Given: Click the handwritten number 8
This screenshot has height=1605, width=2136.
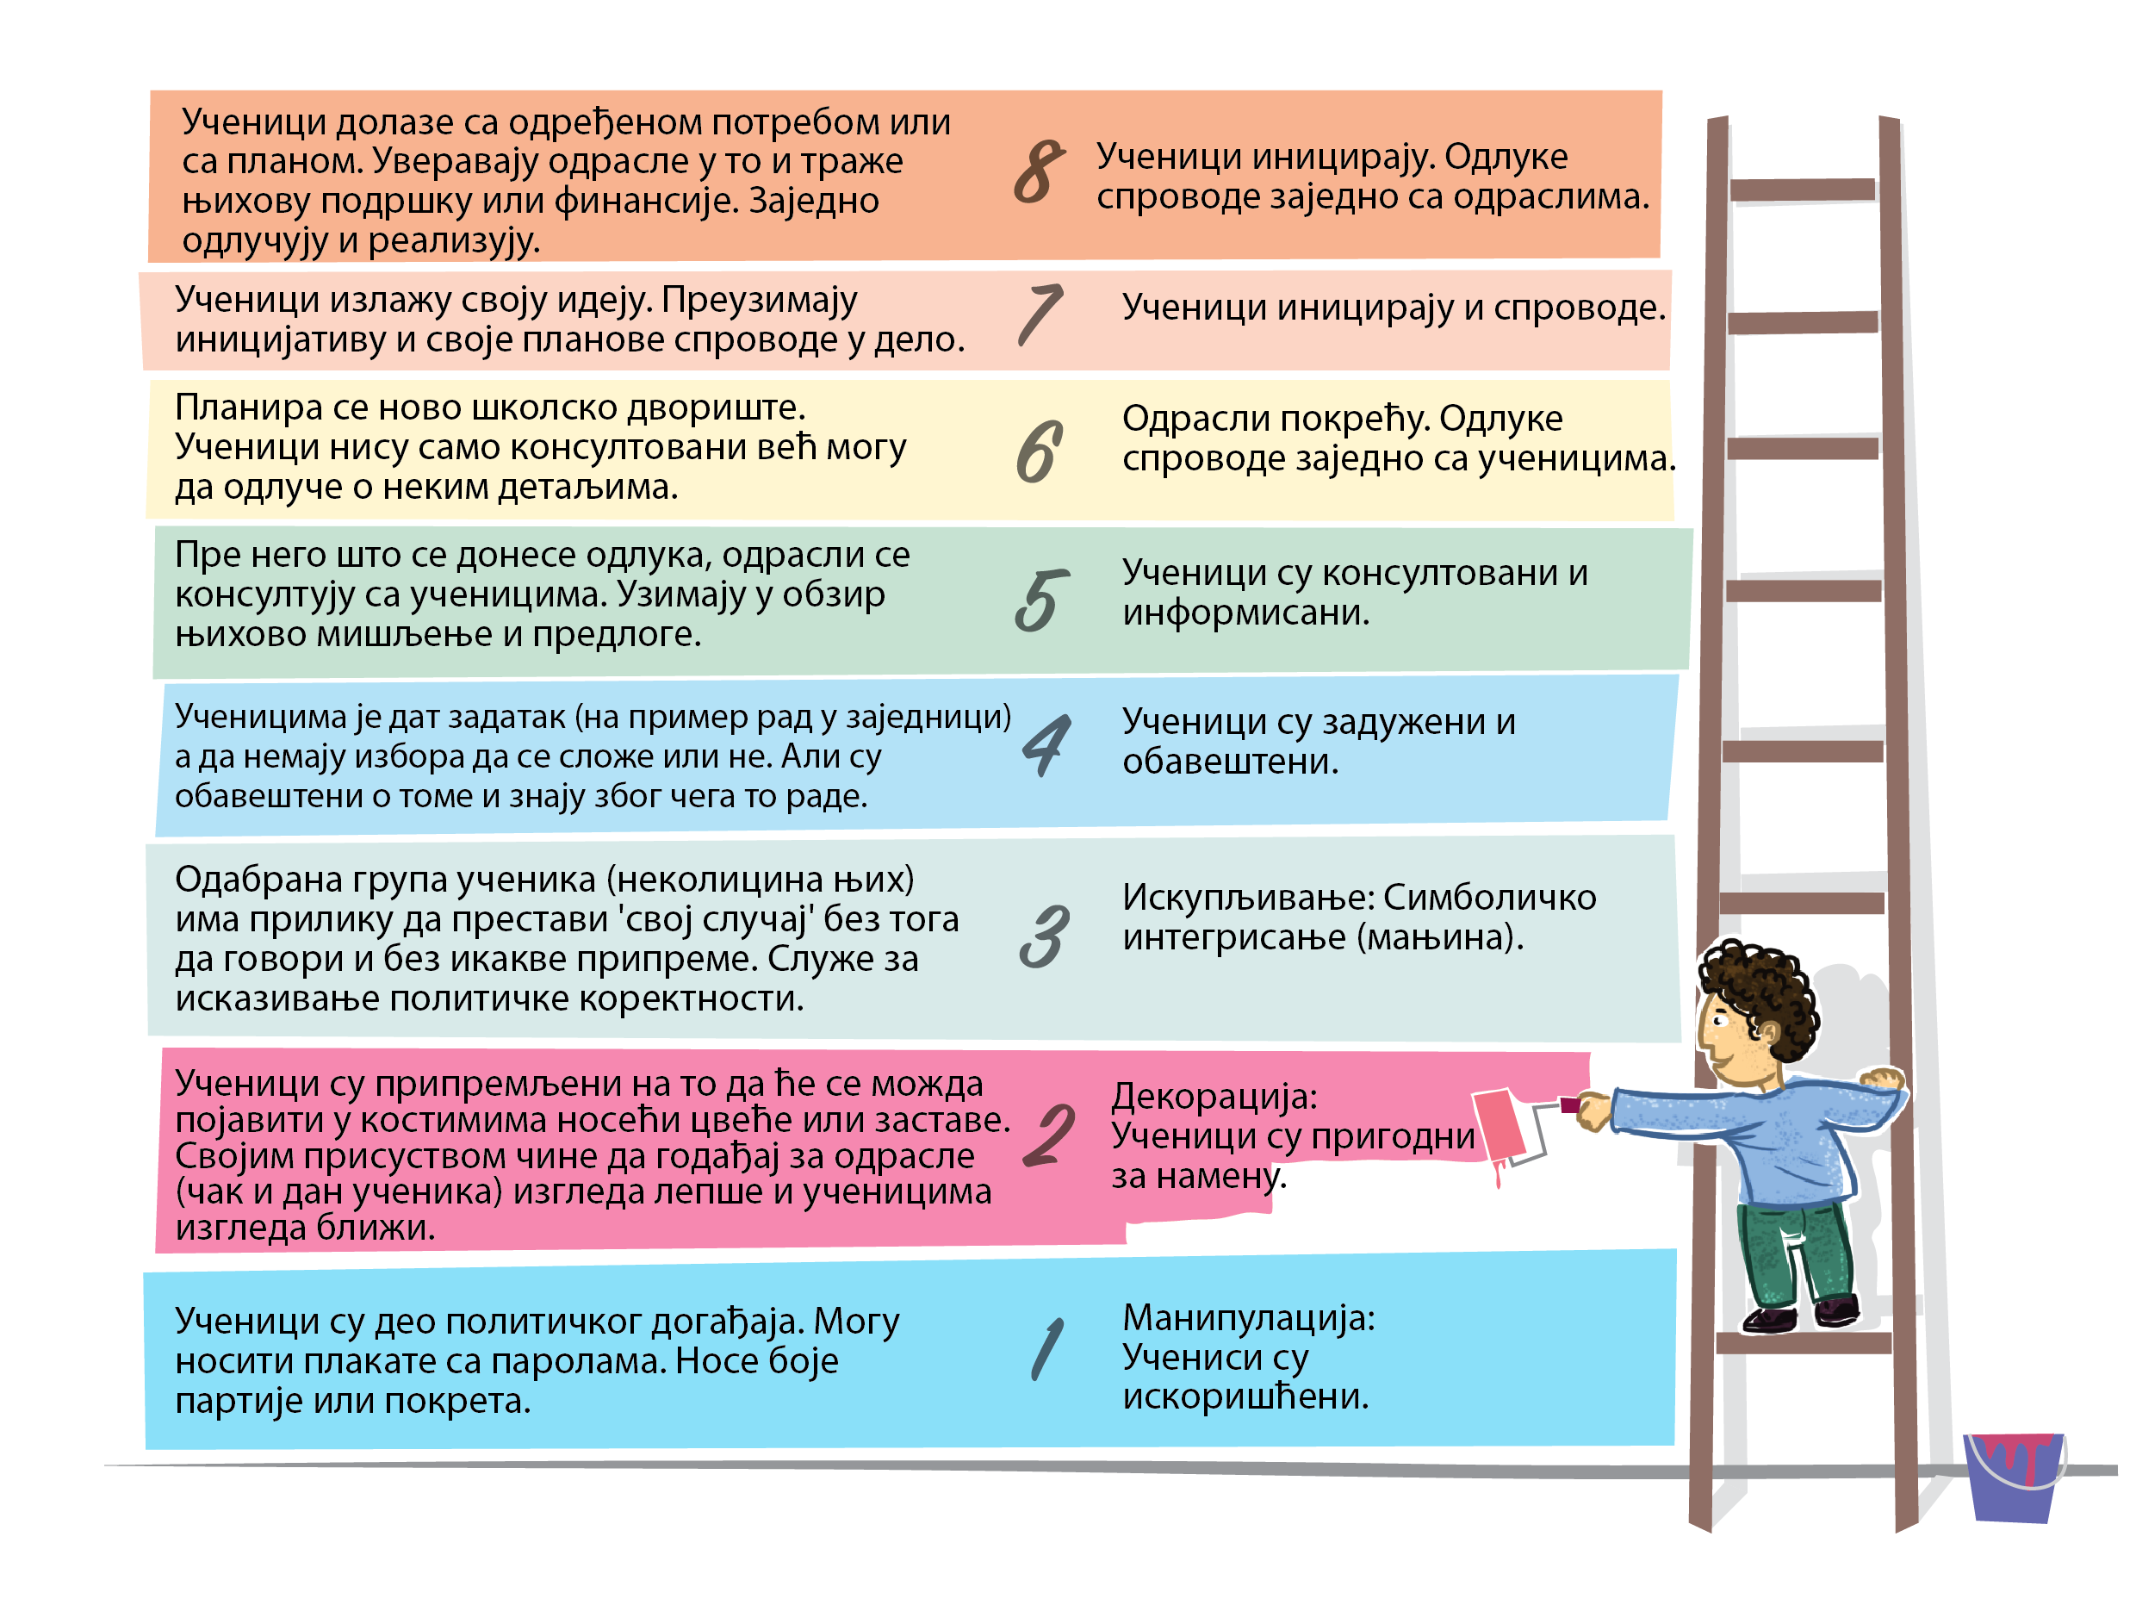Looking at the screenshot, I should (x=1039, y=172).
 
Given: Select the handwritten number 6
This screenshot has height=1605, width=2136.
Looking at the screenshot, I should (x=1039, y=452).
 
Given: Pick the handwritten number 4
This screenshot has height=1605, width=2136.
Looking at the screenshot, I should (x=1046, y=744).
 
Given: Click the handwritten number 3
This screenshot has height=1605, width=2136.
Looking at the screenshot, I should (x=1044, y=936).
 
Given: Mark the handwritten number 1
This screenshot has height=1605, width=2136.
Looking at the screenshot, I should (x=1046, y=1348).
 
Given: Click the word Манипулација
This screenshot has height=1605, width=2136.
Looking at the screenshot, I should (x=1248, y=1318).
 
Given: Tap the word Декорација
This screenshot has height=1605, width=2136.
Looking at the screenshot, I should (x=1214, y=1096).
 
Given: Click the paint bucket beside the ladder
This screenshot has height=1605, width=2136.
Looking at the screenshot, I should (x=2014, y=1476).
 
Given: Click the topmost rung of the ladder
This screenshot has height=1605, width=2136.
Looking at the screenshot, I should (x=1802, y=190).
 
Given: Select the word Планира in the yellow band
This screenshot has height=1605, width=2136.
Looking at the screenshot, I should (x=248, y=408).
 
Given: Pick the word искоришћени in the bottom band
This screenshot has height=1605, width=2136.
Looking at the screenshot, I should (x=1245, y=1397).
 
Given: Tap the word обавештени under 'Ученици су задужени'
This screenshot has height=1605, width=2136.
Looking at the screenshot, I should (x=1229, y=762).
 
